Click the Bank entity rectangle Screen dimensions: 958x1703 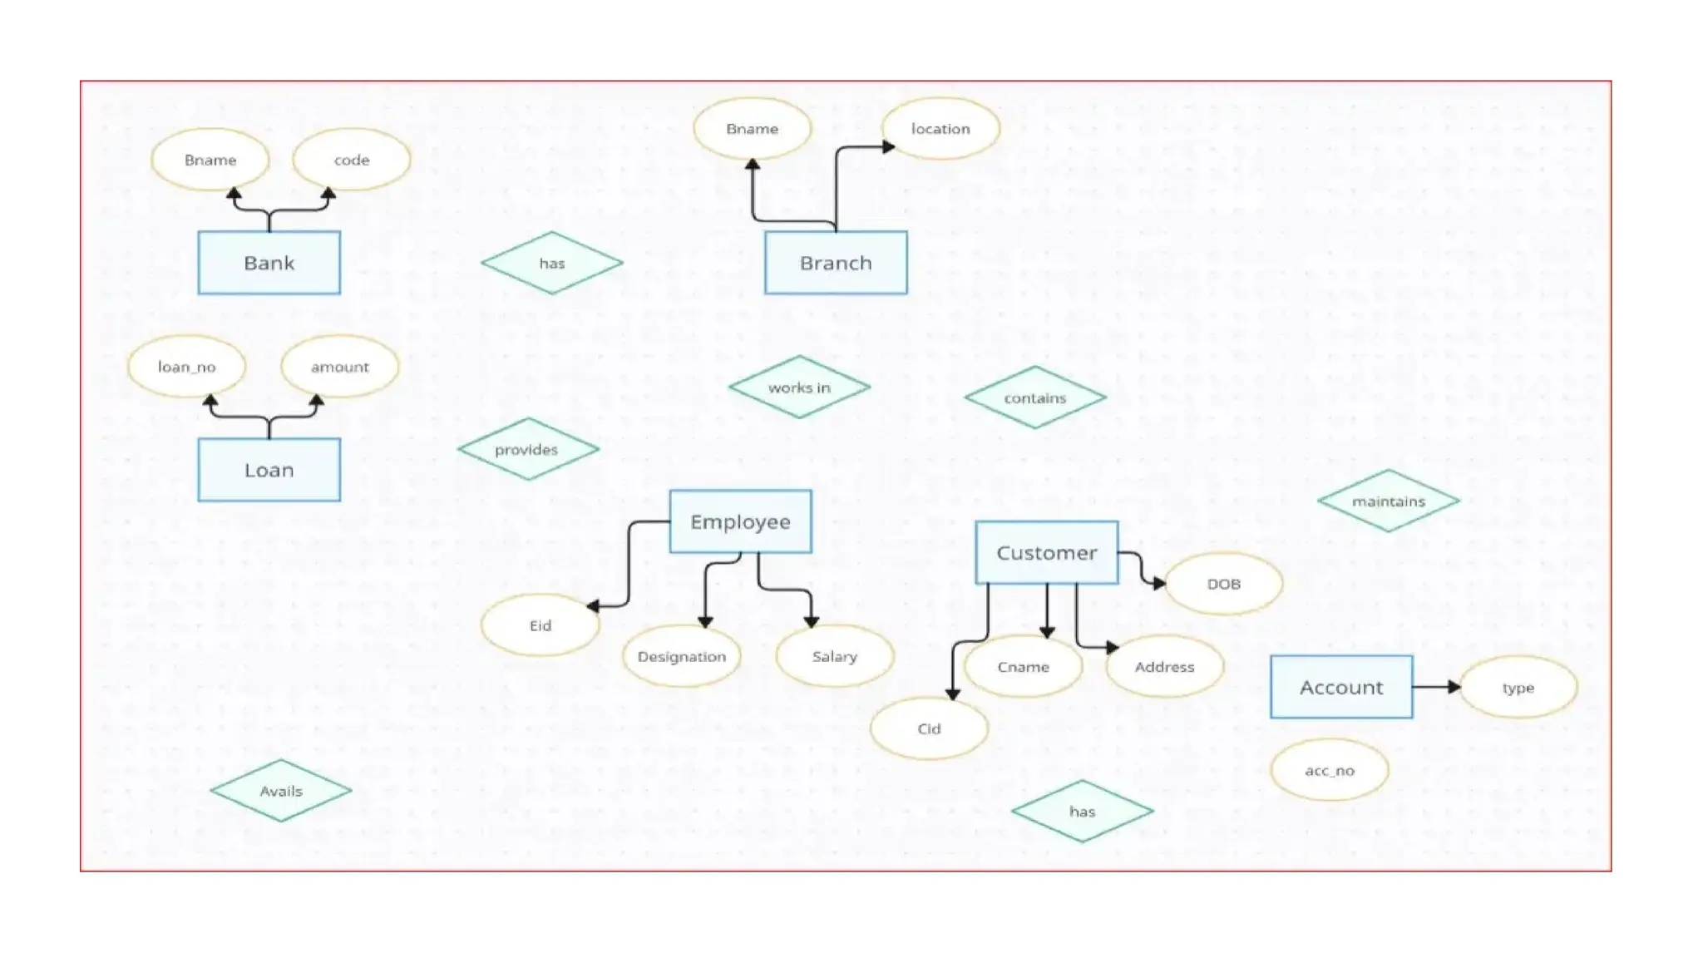coord(269,263)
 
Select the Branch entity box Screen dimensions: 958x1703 coord(836,263)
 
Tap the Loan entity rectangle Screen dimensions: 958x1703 coord(269,470)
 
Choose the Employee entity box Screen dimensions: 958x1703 coord(740,521)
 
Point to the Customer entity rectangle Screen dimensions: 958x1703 coord(1046,553)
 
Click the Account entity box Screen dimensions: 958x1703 coord(1340,687)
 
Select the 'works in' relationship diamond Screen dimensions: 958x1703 coord(799,388)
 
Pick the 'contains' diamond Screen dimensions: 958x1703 coord(1034,398)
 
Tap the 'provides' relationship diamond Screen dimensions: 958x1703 coord(527,449)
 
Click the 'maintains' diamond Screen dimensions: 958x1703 coord(1388,501)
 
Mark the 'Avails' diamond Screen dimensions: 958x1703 coord(280,791)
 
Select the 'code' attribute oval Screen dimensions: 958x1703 coord(351,160)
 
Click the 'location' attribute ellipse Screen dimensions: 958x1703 coord(940,129)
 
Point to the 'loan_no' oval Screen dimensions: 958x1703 coord(186,367)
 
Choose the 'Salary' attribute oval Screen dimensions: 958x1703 coord(834,656)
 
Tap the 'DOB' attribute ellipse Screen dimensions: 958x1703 coord(1223,584)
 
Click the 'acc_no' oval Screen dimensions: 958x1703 coord(1329,770)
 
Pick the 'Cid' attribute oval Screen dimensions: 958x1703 coord(929,728)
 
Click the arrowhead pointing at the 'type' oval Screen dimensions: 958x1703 coord(1454,687)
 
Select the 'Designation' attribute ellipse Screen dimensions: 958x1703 coord(681,656)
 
